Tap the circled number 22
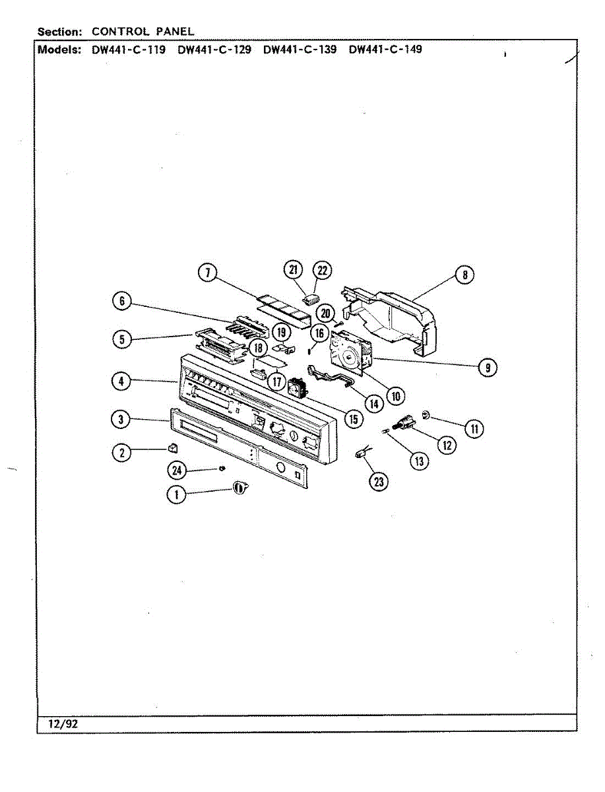coord(322,269)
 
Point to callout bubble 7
coord(208,273)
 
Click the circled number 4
coord(121,381)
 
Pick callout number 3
coord(121,418)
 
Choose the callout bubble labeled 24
coord(177,470)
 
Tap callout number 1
coord(176,494)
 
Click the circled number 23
coord(378,482)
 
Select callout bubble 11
coord(474,429)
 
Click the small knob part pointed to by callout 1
coord(241,487)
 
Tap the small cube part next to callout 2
coord(173,447)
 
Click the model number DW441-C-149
coord(385,49)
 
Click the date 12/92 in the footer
coord(63,724)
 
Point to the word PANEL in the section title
coord(175,31)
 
